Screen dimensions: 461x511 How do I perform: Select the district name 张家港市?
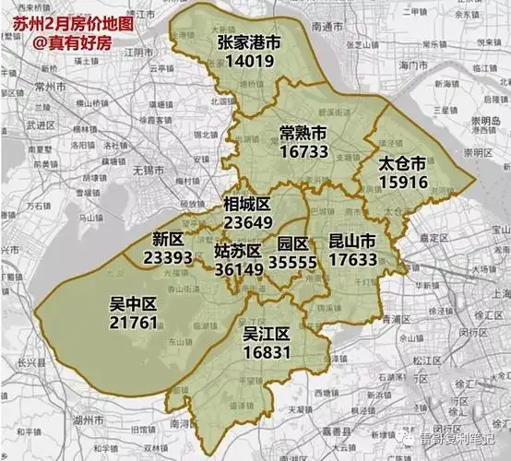tap(249, 43)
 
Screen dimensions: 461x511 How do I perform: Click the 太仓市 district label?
tap(402, 162)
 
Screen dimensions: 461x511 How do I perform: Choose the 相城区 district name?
tap(246, 203)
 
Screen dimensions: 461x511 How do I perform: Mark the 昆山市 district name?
tap(352, 242)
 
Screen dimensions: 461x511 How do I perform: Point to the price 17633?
tap(352, 261)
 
